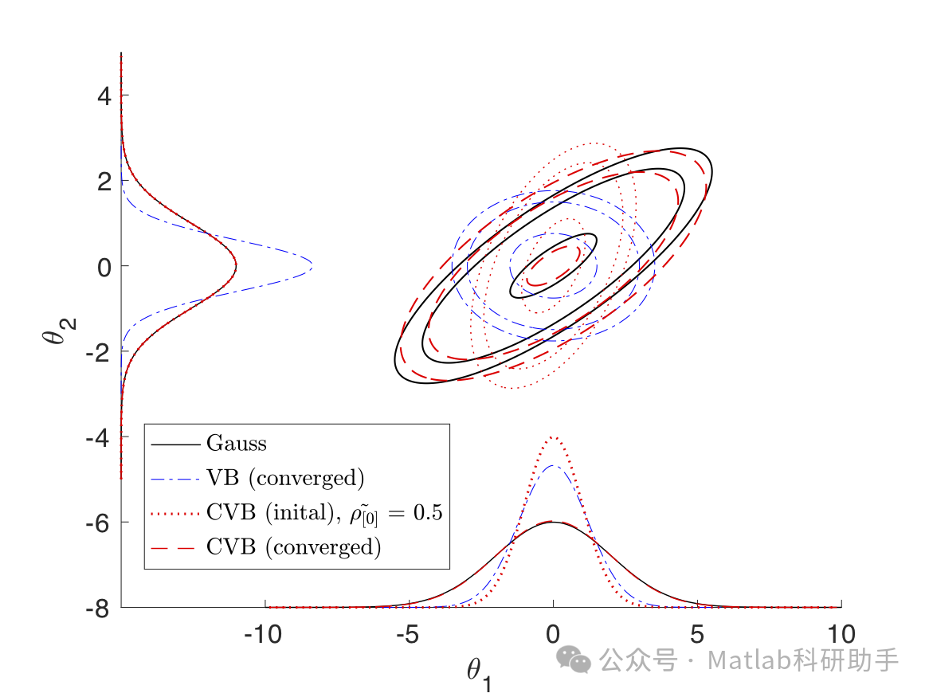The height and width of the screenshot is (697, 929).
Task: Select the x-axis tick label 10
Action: (x=841, y=635)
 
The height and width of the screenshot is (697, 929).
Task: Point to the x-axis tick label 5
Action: (x=697, y=635)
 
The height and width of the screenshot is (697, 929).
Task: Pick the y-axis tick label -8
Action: (x=97, y=608)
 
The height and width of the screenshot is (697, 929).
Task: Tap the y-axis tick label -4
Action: (x=97, y=437)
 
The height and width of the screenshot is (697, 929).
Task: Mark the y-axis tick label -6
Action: (x=97, y=522)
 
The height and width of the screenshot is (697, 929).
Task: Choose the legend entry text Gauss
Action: (x=237, y=443)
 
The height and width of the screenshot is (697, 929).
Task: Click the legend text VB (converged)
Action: (x=284, y=478)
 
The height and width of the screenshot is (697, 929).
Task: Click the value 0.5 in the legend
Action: (x=424, y=513)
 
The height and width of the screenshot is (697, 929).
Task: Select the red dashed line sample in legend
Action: (x=174, y=548)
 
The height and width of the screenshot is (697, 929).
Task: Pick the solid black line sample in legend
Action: (x=174, y=443)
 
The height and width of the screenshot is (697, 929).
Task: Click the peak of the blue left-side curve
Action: (x=311, y=265)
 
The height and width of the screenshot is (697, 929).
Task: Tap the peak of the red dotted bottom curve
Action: (x=553, y=437)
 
